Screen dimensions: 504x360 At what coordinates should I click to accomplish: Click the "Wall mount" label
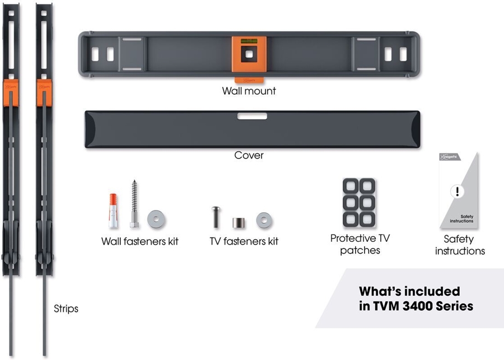(x=249, y=91)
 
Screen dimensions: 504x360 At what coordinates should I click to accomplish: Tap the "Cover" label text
(x=249, y=155)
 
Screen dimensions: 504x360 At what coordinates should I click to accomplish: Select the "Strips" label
(x=66, y=308)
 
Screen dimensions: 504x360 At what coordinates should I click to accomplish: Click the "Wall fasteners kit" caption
(x=139, y=241)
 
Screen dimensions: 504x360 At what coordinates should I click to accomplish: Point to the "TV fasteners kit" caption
(x=244, y=241)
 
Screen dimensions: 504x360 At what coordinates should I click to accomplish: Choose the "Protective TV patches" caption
(x=360, y=244)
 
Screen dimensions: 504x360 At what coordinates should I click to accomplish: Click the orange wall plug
(x=113, y=211)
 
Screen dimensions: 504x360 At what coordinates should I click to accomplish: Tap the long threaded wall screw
(x=134, y=204)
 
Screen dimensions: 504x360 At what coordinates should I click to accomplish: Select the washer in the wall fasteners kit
(x=156, y=219)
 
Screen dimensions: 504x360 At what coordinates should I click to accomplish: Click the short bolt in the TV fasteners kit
(x=216, y=217)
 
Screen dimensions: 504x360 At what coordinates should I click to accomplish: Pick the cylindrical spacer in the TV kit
(x=239, y=223)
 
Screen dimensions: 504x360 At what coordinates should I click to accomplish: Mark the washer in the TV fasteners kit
(x=264, y=221)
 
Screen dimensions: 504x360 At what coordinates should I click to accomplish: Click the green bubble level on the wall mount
(x=249, y=41)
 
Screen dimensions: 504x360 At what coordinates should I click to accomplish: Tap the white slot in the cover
(x=252, y=116)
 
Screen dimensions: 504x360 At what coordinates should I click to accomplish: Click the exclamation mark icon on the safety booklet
(x=457, y=191)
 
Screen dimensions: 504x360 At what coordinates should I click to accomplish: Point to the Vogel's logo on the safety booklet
(x=450, y=157)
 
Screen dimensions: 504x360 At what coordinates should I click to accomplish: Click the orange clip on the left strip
(x=11, y=92)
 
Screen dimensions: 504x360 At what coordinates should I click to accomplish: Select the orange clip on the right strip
(x=44, y=92)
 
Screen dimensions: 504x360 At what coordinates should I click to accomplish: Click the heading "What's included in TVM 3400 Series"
(x=416, y=298)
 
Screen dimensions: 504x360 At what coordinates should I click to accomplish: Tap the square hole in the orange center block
(x=249, y=54)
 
